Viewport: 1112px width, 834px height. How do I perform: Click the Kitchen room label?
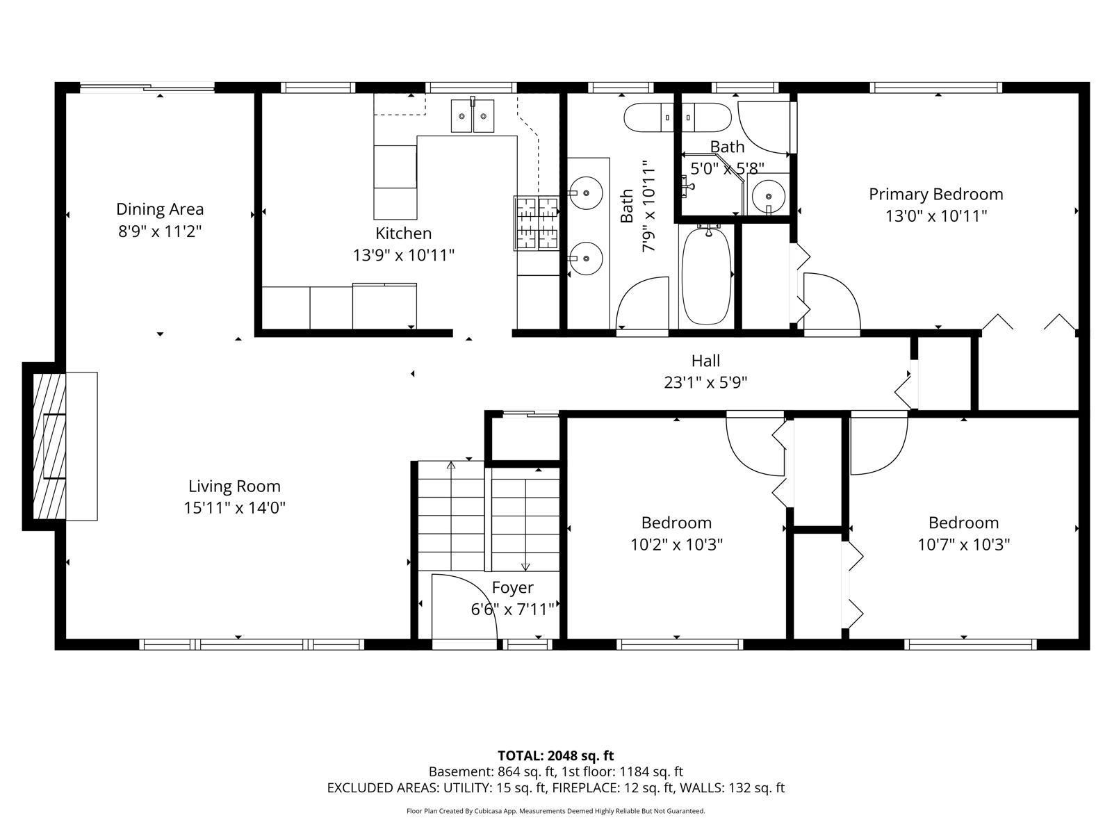point(403,234)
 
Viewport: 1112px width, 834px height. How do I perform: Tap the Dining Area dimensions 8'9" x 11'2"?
point(160,231)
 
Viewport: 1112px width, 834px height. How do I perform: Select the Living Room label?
point(234,486)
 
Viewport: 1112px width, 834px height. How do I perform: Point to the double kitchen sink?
point(473,116)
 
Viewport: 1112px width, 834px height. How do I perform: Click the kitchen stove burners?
point(537,222)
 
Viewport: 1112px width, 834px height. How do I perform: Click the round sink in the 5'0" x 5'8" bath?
point(769,194)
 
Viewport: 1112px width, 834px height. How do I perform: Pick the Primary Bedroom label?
point(935,194)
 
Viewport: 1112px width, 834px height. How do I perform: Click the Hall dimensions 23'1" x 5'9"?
point(705,382)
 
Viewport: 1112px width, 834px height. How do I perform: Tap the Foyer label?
point(512,588)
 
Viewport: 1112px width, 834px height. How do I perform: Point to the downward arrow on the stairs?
point(525,564)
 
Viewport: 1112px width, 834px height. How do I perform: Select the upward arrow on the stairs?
point(451,466)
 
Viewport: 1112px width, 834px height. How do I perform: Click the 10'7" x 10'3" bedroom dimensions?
point(963,544)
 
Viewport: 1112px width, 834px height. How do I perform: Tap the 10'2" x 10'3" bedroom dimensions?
point(676,544)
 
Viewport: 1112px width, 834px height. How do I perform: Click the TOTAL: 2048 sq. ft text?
point(555,755)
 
